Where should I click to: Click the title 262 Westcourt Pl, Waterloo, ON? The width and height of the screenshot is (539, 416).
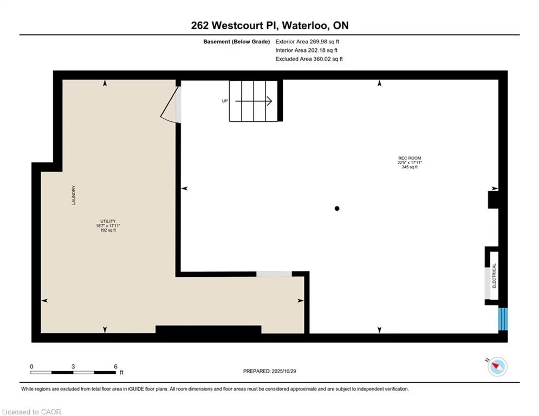(x=269, y=25)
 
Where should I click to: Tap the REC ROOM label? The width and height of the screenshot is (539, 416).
(x=409, y=158)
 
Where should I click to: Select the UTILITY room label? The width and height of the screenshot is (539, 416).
(x=106, y=221)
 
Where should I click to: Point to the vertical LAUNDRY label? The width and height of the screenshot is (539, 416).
(x=73, y=196)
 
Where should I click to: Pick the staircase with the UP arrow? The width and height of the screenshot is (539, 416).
(x=254, y=101)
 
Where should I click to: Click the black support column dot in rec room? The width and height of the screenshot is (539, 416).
(x=337, y=208)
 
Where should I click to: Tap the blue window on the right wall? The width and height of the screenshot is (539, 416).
(x=503, y=319)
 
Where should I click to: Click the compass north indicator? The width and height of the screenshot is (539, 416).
(x=496, y=367)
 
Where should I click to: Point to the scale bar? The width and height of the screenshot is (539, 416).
(x=73, y=373)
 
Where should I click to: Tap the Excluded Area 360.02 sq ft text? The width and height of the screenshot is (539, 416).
(x=309, y=59)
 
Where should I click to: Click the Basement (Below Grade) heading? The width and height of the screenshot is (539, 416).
(x=236, y=42)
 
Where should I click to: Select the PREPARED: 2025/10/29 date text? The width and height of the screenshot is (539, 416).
(x=269, y=371)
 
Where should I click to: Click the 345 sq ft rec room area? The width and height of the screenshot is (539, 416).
(x=409, y=167)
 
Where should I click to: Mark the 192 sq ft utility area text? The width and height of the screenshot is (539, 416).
(x=106, y=230)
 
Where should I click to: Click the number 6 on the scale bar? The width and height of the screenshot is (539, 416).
(x=115, y=366)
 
